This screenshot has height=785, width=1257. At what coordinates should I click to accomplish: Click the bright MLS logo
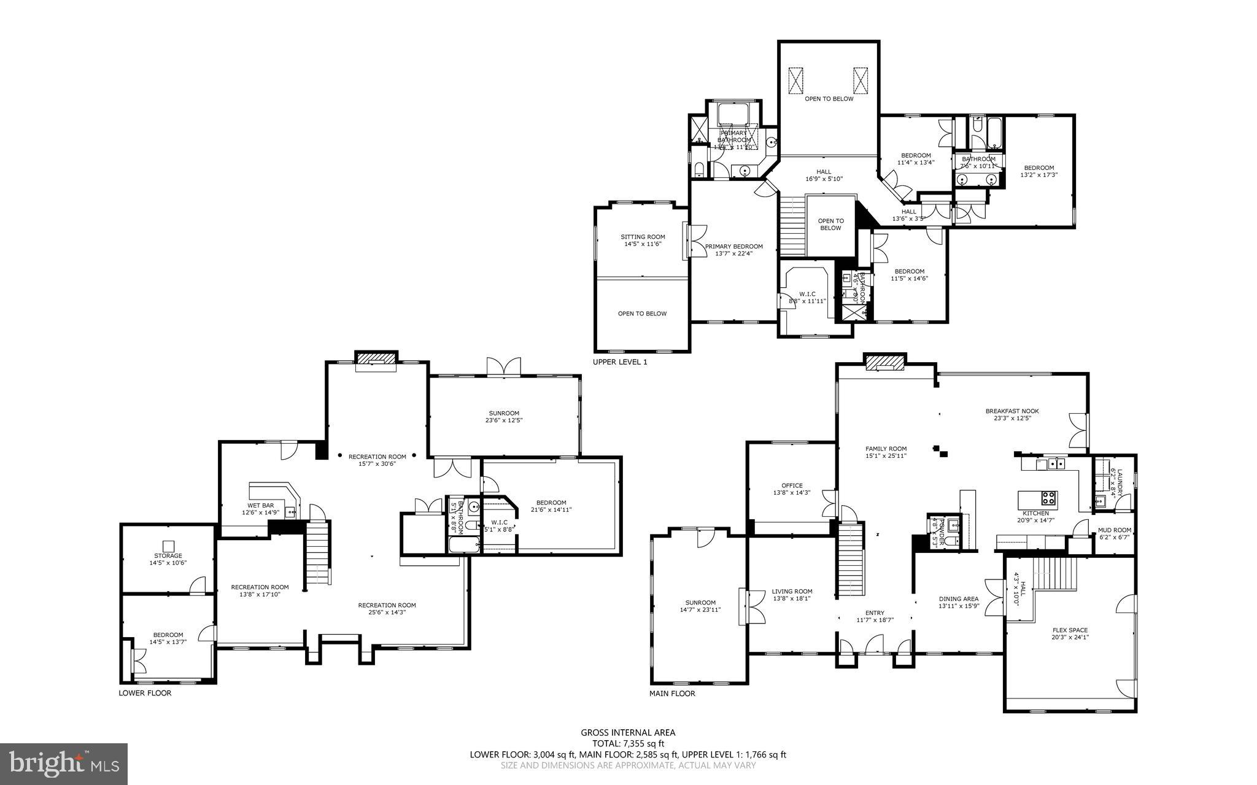[64, 763]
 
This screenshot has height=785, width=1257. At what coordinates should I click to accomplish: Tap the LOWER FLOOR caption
[145, 693]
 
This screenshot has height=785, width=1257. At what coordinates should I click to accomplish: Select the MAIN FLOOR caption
[672, 693]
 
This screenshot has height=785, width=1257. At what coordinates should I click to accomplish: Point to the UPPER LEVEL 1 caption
[619, 362]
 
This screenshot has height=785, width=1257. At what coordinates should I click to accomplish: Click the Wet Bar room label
[260, 509]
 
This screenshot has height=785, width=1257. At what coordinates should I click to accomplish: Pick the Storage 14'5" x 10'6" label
[168, 559]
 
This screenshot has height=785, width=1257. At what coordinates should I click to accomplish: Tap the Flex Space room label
[1070, 633]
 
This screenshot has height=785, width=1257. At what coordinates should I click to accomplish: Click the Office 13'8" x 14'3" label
[792, 489]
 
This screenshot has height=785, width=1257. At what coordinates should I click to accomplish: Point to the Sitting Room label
[642, 240]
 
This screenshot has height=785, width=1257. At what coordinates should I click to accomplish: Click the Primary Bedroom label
[733, 250]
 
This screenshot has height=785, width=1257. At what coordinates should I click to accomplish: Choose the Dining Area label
[958, 602]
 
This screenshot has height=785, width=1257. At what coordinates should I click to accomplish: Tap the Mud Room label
[1115, 533]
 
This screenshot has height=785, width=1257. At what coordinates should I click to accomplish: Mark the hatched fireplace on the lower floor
[376, 358]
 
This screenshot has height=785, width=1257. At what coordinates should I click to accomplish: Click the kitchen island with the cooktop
[1037, 497]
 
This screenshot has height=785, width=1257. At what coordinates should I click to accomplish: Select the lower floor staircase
[317, 552]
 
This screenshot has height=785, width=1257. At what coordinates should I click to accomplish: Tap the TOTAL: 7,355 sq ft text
[628, 743]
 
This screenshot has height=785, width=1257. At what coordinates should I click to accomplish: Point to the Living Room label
[792, 595]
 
